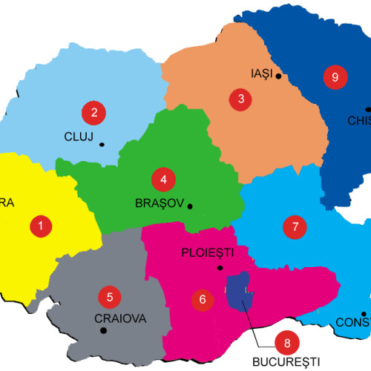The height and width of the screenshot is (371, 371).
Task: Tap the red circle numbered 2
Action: pos(93,113)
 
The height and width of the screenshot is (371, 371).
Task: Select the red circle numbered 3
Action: pos(240,99)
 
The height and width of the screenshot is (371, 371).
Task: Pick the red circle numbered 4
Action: pos(163,179)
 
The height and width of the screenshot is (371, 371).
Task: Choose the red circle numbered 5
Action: pos(110,298)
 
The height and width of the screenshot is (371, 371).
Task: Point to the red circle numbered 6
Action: pos(202,300)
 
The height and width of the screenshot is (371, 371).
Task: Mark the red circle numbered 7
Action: pos(295,226)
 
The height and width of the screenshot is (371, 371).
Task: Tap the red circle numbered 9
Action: pos(335,76)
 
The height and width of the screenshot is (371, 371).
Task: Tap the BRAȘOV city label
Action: pos(160,203)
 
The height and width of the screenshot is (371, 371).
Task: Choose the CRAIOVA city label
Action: pos(121,319)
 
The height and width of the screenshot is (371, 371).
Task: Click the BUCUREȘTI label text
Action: pos(285,363)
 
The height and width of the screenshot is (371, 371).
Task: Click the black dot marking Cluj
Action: pos(101,144)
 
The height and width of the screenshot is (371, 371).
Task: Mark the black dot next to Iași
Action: pos(278,75)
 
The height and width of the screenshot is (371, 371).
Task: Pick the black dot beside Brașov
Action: pos(190,206)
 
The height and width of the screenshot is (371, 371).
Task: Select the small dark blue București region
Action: pos(239,291)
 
